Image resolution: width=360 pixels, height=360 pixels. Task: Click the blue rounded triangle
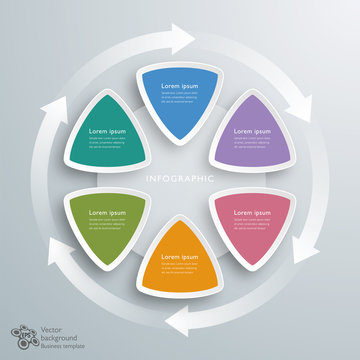coord(179,100)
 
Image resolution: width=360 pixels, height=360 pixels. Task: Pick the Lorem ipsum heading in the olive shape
coord(108,213)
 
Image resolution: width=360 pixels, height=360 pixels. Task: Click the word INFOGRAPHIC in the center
coord(180,179)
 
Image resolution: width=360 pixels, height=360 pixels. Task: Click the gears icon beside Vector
coord(21,335)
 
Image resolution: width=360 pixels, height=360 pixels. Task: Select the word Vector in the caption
coord(53,329)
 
